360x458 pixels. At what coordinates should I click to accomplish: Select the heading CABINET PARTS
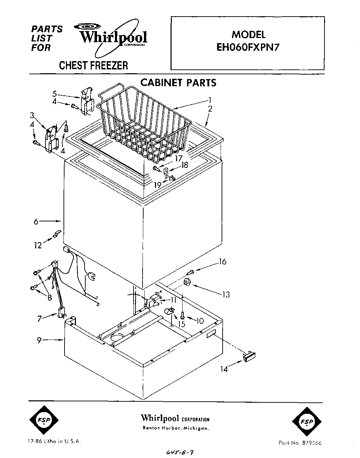point(178,83)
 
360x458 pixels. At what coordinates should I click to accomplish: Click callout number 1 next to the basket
point(209,100)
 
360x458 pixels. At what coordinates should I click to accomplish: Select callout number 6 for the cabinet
point(36,221)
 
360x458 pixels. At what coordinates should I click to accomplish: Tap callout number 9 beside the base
point(40,340)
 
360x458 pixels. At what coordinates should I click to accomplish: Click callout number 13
point(226,295)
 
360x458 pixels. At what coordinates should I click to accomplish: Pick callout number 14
point(224,369)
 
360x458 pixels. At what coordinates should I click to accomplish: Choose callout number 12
point(38,246)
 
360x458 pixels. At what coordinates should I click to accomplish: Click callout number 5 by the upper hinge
point(54,93)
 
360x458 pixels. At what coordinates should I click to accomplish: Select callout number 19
point(158,185)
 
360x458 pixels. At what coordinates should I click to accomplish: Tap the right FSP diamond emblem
point(307,422)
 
